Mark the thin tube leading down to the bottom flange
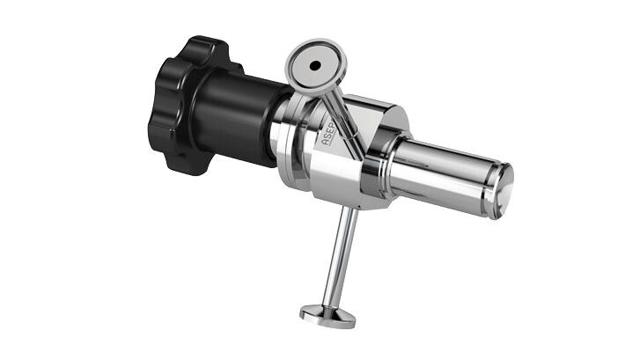click(x=344, y=255)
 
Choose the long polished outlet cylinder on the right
click(x=440, y=173)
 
